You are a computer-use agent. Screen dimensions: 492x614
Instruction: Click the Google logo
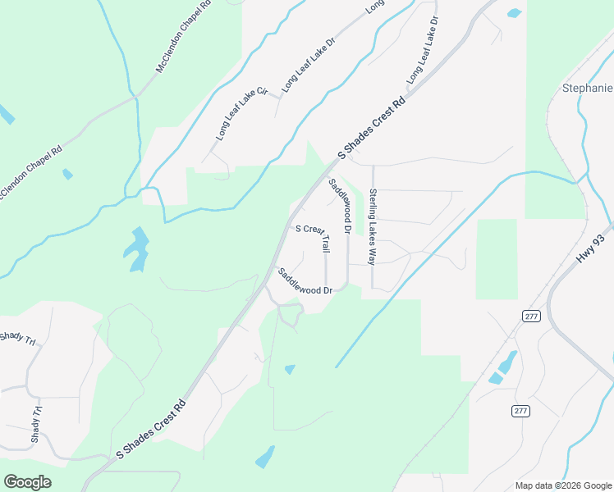point(27,482)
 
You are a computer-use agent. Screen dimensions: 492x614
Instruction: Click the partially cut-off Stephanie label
point(587,88)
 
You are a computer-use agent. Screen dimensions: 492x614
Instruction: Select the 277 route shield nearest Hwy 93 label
point(529,316)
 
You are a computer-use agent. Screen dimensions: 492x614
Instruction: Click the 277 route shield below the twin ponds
point(520,410)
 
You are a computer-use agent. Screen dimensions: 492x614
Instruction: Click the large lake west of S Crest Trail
point(136,248)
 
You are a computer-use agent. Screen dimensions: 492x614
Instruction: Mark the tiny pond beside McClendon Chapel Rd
point(67,174)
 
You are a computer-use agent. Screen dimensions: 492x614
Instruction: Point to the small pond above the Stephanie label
point(515,13)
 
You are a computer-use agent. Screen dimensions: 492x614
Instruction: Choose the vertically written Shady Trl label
point(36,424)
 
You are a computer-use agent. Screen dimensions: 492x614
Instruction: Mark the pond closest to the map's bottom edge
point(265,458)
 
